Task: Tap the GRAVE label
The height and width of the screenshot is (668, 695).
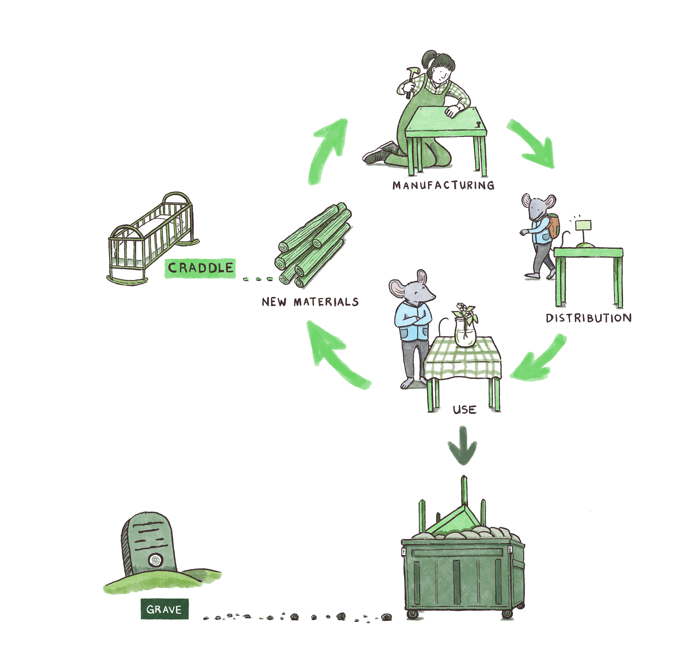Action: [x=164, y=609]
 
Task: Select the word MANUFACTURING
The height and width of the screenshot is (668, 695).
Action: [x=443, y=185]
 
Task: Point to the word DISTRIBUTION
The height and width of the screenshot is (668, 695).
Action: [x=589, y=318]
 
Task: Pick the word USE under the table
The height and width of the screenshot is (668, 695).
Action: [x=465, y=410]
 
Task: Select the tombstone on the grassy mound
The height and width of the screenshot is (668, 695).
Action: [x=149, y=543]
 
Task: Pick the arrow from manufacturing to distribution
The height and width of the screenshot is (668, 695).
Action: [x=534, y=144]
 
